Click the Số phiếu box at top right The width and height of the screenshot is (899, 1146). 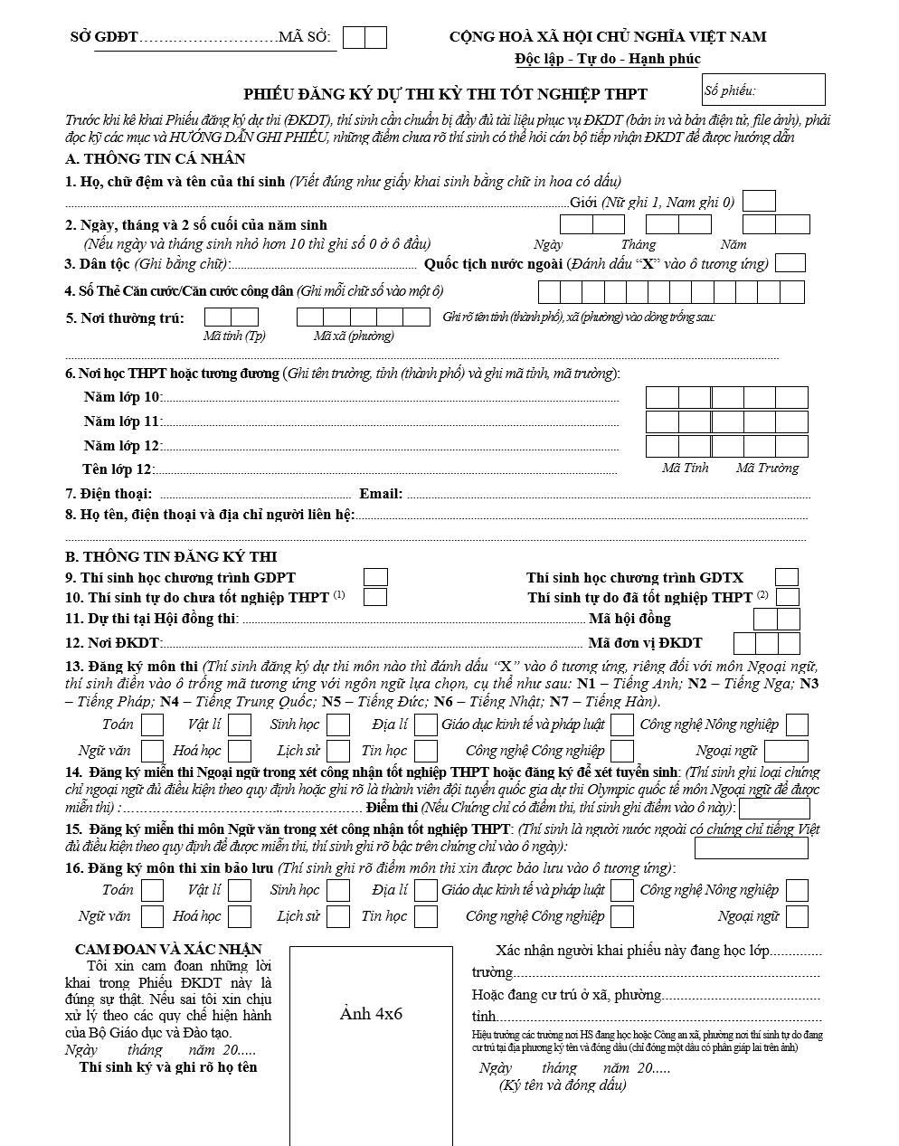763,90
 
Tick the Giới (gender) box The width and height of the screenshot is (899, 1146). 759,201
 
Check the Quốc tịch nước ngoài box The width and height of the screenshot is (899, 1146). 790,263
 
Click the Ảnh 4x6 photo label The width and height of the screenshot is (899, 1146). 371,1013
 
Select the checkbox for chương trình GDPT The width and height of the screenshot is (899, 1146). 375,577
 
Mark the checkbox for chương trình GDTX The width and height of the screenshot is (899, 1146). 787,577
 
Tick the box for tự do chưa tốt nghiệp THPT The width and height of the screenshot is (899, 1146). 375,597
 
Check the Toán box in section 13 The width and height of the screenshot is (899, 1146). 152,725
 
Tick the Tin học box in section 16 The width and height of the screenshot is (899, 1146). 426,916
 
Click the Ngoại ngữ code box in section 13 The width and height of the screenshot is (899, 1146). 785,751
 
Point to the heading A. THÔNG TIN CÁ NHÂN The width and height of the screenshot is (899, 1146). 156,158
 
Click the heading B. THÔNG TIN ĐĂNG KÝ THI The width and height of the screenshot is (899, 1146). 171,556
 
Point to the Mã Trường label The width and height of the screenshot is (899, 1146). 767,468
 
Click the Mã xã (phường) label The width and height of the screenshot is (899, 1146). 354,336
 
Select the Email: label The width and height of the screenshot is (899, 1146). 381,493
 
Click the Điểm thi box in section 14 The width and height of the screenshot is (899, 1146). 774,808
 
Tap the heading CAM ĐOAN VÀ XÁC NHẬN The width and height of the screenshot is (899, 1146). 168,949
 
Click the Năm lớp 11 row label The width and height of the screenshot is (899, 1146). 121,421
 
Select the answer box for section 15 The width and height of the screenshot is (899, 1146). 751,848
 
